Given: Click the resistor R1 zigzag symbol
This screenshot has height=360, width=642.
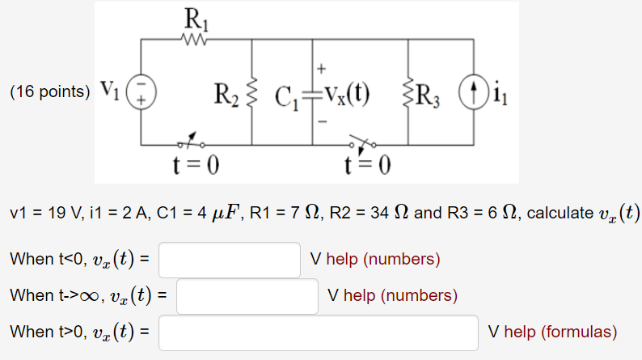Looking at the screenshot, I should coord(197,39).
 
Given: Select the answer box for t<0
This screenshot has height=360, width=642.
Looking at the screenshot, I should coord(230,260).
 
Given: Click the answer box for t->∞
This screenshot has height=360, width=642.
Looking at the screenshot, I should coord(247,295).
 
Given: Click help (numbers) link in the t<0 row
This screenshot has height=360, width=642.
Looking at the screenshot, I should coord(383,260).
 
